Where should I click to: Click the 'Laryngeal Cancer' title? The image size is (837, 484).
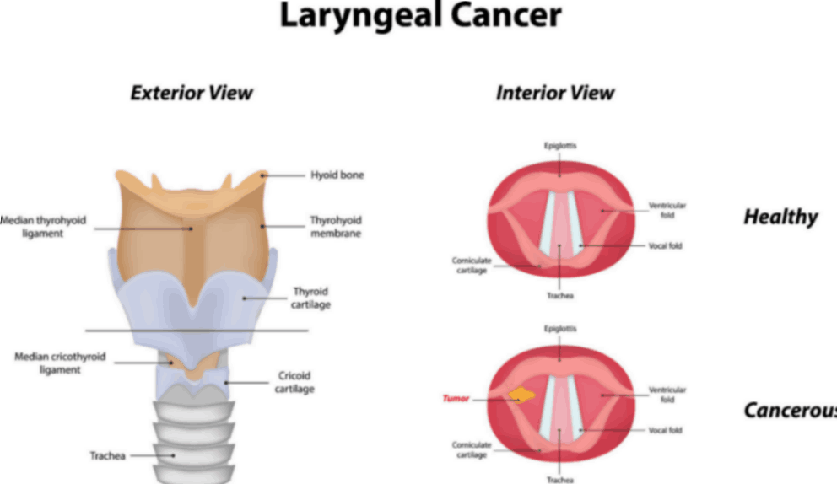(419, 17)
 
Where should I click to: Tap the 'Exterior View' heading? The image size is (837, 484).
(192, 93)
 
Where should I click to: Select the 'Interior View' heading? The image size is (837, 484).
(555, 93)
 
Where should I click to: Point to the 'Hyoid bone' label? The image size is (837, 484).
(336, 175)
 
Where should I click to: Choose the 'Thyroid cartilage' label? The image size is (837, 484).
(311, 298)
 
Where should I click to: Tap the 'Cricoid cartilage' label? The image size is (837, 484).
(295, 383)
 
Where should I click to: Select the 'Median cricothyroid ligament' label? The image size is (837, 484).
(60, 363)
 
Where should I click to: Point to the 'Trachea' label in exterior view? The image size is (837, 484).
(108, 456)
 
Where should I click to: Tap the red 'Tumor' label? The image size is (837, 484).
(456, 398)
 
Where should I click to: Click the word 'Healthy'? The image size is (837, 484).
(780, 217)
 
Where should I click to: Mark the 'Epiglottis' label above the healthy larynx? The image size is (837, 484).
(560, 146)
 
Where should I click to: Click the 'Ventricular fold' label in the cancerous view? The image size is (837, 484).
(667, 395)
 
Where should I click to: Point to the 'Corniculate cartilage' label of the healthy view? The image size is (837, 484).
(471, 266)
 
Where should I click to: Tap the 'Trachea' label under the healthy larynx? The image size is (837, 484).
(560, 296)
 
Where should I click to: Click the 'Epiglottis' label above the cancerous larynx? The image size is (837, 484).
(560, 327)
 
